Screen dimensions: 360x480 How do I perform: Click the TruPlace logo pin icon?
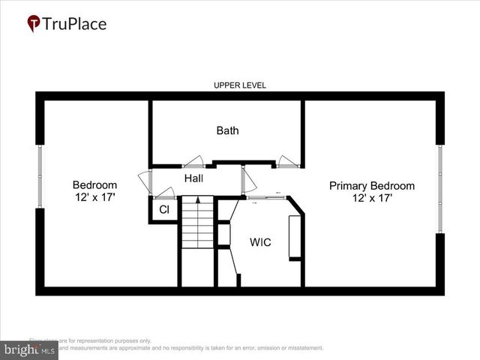[x=34, y=24]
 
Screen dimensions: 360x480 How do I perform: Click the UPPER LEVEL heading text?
[x=239, y=85]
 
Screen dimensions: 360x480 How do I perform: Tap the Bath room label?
[x=227, y=130]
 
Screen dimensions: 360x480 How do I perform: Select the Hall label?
[x=193, y=178]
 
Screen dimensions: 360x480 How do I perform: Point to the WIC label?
[x=260, y=242]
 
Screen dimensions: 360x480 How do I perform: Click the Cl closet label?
[x=164, y=210]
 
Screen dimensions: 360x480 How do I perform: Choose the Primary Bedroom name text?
[x=371, y=185]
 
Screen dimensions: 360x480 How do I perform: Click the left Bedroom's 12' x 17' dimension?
[x=94, y=198]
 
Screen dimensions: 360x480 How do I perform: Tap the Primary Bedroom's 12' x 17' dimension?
[x=371, y=198]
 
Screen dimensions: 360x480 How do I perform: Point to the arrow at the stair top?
[x=197, y=200]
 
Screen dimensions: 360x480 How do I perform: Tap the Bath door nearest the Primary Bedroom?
[x=286, y=160]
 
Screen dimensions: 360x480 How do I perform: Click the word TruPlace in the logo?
[x=74, y=23]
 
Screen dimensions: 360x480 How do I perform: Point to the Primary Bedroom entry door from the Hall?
[x=247, y=178]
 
